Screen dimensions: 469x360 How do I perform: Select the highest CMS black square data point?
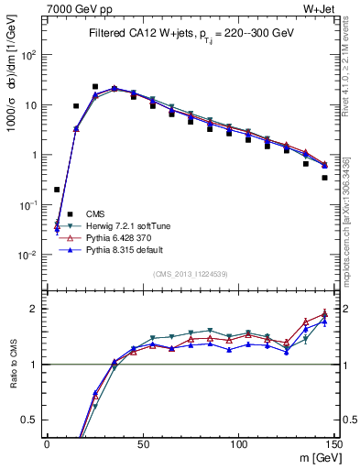pyautogui.click(x=95, y=87)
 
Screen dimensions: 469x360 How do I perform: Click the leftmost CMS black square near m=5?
pyautogui.click(x=57, y=190)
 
